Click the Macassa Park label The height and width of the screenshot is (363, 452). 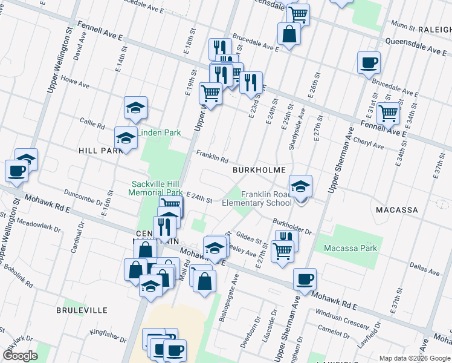coord(350,248)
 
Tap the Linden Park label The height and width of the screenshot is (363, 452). coord(160,132)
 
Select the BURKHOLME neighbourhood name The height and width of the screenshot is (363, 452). coord(259,170)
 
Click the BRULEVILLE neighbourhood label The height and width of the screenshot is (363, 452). coord(82,310)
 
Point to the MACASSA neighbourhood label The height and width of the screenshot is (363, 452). coord(396,209)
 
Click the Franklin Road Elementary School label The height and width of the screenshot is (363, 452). coord(266,198)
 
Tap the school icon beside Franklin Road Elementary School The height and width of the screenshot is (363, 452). coord(300,187)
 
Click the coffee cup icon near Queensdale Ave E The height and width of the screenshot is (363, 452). coord(369,63)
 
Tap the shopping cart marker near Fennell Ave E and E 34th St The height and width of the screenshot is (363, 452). coord(388,113)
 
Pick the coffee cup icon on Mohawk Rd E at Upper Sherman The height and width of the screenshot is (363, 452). coord(305,279)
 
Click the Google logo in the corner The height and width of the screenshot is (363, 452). coord(20,355)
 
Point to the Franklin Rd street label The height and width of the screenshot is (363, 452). coord(211,157)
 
